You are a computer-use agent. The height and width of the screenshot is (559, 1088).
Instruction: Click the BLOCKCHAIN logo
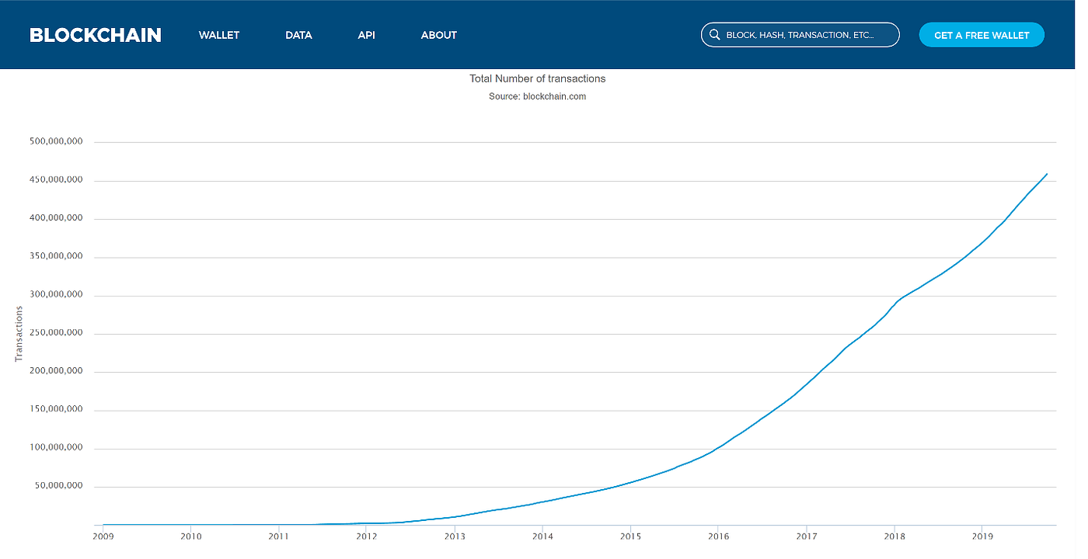point(96,35)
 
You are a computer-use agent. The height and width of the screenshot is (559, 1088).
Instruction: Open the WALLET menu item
point(219,35)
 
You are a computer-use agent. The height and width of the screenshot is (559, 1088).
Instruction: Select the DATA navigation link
point(298,35)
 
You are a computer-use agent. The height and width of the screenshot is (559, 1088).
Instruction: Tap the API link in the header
point(367,35)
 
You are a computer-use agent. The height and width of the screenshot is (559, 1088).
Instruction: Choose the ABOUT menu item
point(439,35)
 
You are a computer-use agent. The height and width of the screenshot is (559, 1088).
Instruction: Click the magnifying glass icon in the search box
point(715,35)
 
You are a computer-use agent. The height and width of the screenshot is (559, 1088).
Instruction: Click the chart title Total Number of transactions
point(537,78)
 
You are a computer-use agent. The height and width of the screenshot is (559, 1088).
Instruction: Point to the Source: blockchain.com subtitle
point(537,96)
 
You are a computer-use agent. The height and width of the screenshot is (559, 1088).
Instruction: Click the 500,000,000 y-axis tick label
point(55,142)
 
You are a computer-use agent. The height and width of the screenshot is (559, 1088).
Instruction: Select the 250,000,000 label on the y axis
point(55,334)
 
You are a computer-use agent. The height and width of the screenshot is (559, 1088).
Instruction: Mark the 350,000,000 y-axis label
point(55,257)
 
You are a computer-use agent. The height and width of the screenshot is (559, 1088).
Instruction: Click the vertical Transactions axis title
point(19,334)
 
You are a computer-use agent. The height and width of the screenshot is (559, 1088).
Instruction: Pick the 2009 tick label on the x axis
point(103,536)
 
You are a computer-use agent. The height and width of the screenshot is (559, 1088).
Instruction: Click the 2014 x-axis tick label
point(542,536)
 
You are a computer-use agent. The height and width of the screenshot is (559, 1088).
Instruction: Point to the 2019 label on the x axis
point(982,536)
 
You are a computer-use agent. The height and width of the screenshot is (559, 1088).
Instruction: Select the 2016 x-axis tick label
point(719,536)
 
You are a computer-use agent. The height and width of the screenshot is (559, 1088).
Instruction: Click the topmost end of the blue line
point(1047,174)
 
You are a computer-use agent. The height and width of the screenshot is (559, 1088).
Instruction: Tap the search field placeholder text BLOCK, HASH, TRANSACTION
point(800,35)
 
